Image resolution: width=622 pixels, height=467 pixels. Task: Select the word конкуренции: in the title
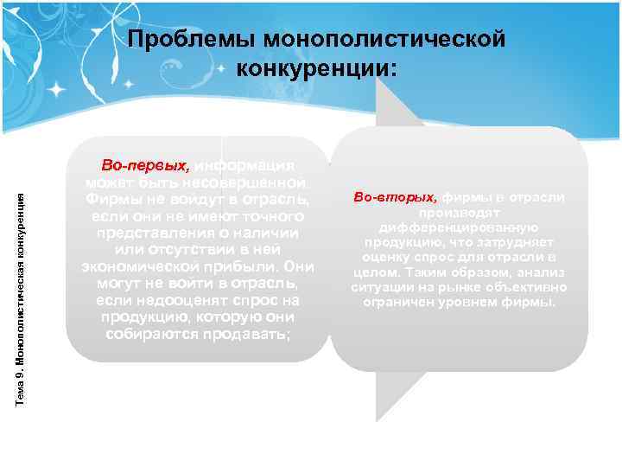(317, 67)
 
